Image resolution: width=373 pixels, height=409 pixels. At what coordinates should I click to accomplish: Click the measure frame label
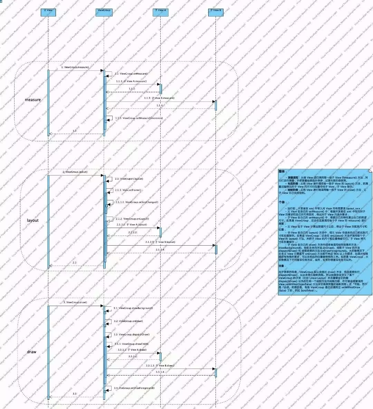[x=33, y=100]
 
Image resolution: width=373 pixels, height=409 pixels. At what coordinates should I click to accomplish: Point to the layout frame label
[x=33, y=220]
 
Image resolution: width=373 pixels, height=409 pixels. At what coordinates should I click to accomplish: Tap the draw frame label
[x=32, y=352]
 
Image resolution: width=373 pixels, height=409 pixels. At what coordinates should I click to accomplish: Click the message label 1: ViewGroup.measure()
[x=75, y=67]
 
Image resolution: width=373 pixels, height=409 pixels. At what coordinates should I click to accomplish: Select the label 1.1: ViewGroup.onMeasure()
[x=131, y=74]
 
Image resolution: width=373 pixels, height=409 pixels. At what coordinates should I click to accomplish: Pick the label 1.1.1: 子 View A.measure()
[x=131, y=81]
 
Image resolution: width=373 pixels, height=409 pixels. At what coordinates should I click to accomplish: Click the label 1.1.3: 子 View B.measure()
[x=159, y=98]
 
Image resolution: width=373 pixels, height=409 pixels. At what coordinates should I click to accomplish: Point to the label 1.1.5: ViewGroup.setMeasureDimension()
[x=138, y=118]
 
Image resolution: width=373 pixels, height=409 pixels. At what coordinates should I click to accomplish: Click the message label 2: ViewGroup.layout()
[x=75, y=172]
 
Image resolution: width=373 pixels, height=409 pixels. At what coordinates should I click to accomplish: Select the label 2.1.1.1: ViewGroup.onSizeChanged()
[x=137, y=202]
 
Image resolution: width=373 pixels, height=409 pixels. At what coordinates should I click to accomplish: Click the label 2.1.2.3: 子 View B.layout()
[x=160, y=242]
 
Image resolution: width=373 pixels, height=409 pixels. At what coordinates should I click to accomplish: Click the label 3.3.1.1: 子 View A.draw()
[x=132, y=350]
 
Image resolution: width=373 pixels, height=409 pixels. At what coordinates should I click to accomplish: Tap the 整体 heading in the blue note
[x=282, y=171]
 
